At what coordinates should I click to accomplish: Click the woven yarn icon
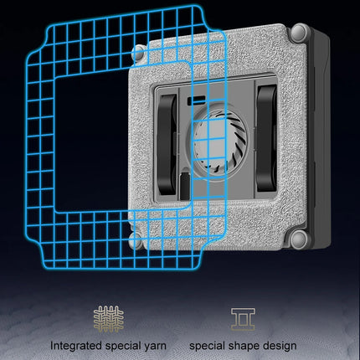click(x=109, y=319)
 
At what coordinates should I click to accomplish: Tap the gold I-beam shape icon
click(x=243, y=319)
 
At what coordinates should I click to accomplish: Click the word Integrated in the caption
click(x=76, y=346)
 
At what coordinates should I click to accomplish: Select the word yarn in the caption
click(x=154, y=347)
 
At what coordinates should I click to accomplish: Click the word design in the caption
click(x=280, y=346)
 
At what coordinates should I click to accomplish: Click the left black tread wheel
click(x=167, y=144)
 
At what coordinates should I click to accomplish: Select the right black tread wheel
click(x=267, y=138)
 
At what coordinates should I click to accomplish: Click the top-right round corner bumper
click(x=301, y=33)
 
